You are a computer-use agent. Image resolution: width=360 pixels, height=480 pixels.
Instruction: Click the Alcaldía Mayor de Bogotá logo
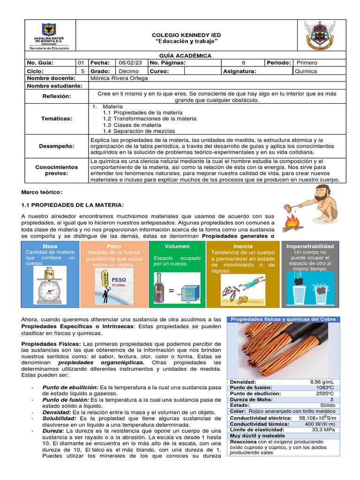click(x=49, y=36)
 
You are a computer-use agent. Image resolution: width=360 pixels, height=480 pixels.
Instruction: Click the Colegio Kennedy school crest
click(x=320, y=35)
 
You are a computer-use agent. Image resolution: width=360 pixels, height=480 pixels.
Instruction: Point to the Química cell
click(x=306, y=71)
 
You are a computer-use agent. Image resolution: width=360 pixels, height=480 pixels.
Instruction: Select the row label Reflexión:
click(x=56, y=96)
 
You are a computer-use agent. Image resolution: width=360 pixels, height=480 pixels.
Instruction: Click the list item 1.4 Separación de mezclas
click(x=134, y=131)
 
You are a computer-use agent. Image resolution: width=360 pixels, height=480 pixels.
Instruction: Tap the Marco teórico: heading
click(x=42, y=192)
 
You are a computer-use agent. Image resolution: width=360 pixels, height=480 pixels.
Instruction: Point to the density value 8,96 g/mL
click(x=323, y=382)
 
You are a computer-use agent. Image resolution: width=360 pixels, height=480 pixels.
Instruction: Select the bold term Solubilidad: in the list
click(x=60, y=418)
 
